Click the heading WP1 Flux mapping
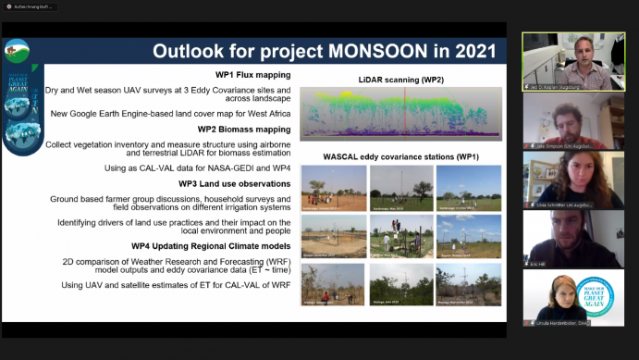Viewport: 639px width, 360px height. [x=247, y=74]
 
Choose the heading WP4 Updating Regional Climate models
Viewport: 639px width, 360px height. [x=212, y=246]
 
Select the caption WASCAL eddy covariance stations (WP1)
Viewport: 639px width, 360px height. [x=400, y=156]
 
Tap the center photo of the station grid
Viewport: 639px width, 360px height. [x=400, y=236]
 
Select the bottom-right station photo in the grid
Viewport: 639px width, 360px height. [x=468, y=285]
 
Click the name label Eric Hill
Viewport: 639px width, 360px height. [x=539, y=261]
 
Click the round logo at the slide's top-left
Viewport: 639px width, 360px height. [x=16, y=49]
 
